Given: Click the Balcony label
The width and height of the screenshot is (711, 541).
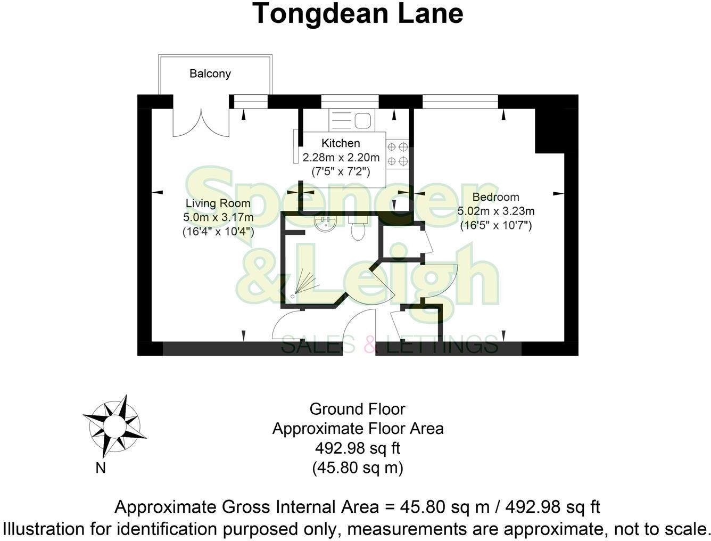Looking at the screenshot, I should (x=210, y=73).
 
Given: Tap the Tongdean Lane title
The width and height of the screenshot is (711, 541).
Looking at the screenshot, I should (x=358, y=14).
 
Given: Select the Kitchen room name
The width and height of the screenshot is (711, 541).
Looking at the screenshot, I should (x=341, y=143).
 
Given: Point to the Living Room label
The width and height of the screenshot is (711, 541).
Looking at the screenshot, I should (x=218, y=203).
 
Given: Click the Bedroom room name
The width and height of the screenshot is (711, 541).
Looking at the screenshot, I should (x=495, y=197).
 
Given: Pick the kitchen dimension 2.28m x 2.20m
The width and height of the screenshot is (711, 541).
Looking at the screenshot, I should (x=341, y=158).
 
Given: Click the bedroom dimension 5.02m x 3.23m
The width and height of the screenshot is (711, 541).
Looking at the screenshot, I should (x=496, y=211).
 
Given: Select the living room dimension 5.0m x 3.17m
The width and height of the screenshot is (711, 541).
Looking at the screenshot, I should (x=218, y=217).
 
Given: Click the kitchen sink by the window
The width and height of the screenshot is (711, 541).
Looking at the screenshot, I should (x=351, y=120).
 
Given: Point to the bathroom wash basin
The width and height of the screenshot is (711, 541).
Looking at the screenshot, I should (x=324, y=224).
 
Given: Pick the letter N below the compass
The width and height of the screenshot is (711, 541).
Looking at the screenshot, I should (x=100, y=469).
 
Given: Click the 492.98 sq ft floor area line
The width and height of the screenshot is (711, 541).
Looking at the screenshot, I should (x=358, y=448).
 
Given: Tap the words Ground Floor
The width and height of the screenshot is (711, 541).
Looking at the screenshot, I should (x=358, y=409).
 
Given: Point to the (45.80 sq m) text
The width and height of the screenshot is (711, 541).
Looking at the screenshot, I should (x=358, y=468).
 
